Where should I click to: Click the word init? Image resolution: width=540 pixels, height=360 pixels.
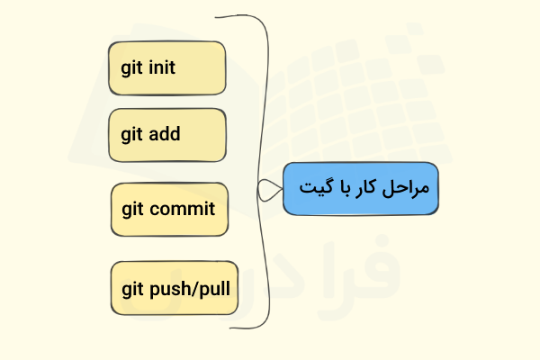coord(161,67)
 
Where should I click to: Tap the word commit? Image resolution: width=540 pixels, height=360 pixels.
coord(183,210)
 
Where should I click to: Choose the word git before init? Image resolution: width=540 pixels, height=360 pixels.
coord(132,68)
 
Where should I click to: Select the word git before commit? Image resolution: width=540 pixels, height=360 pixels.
coord(134,211)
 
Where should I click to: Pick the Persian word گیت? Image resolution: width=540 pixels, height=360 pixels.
coord(315,189)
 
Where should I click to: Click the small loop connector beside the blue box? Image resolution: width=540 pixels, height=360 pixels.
coord(268,189)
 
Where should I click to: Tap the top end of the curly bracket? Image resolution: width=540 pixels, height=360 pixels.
coord(217,16)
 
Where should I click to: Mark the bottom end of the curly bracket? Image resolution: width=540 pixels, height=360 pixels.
coord(231,328)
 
